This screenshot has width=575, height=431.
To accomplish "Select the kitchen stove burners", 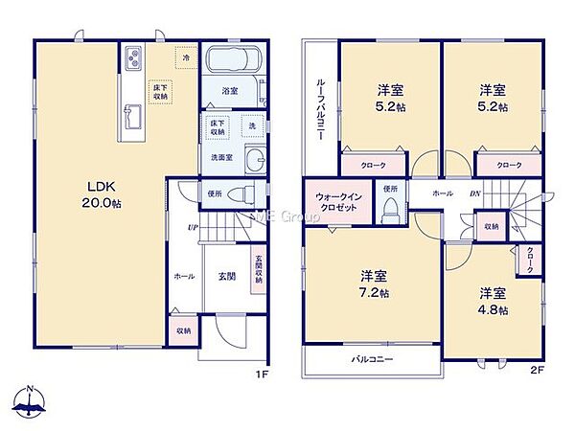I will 132,57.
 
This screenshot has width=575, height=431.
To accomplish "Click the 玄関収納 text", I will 258,268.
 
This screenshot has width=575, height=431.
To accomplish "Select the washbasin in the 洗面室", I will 253,159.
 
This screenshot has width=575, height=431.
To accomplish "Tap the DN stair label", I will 474,193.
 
